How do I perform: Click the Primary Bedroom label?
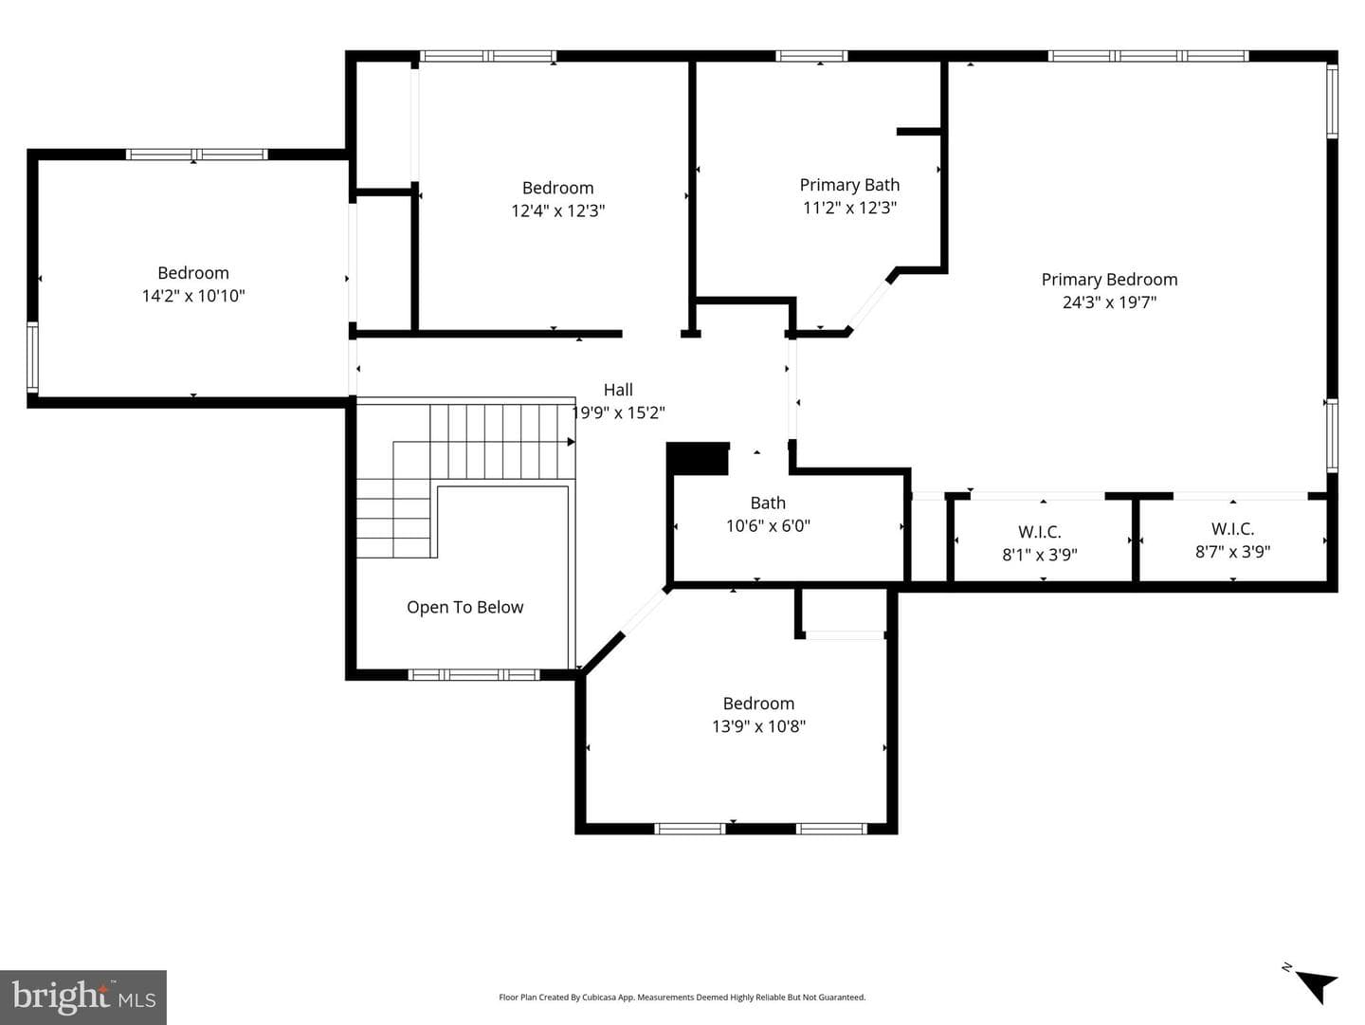[1109, 280]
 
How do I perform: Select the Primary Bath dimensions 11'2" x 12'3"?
[849, 207]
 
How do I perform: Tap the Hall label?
[618, 390]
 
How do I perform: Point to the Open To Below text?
[465, 607]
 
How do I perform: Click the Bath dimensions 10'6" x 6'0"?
[768, 525]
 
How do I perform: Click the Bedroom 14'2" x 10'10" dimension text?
[193, 296]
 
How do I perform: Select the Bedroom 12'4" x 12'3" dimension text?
[557, 210]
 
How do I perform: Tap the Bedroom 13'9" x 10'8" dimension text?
[758, 725]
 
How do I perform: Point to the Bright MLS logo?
[83, 998]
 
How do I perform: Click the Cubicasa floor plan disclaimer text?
[682, 997]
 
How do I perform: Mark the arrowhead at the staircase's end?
[571, 442]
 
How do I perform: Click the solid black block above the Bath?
[698, 458]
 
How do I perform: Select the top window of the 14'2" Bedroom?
[196, 155]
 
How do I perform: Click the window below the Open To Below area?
[474, 675]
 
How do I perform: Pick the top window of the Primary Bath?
[811, 56]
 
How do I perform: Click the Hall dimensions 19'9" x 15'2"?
[618, 412]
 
